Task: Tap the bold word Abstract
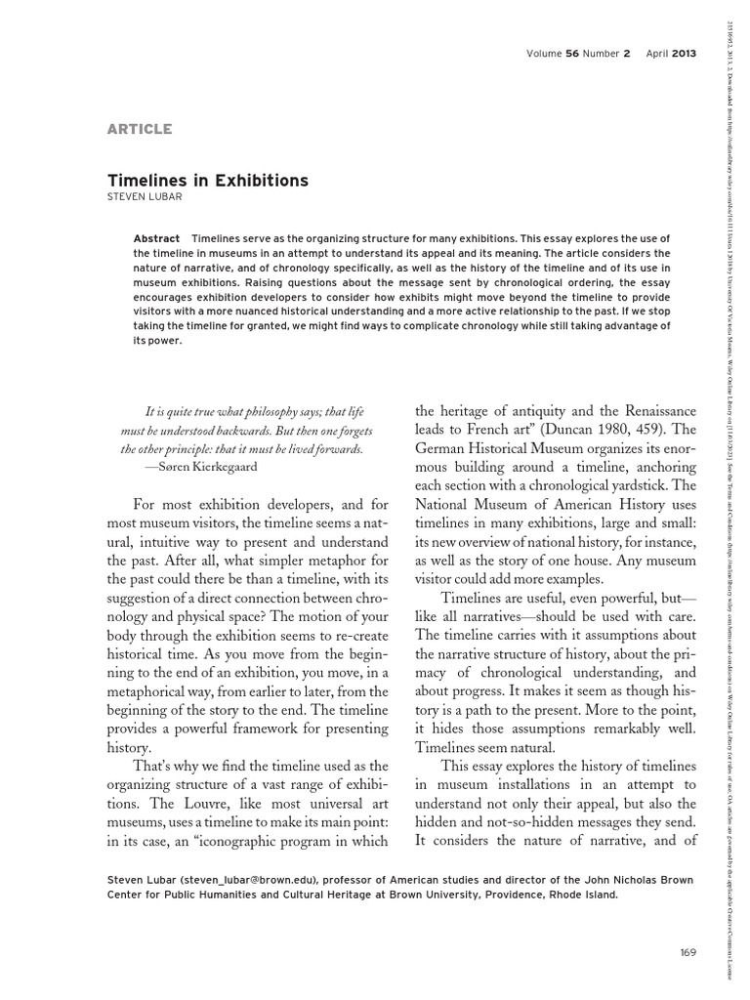click(157, 239)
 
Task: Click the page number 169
click(686, 952)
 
